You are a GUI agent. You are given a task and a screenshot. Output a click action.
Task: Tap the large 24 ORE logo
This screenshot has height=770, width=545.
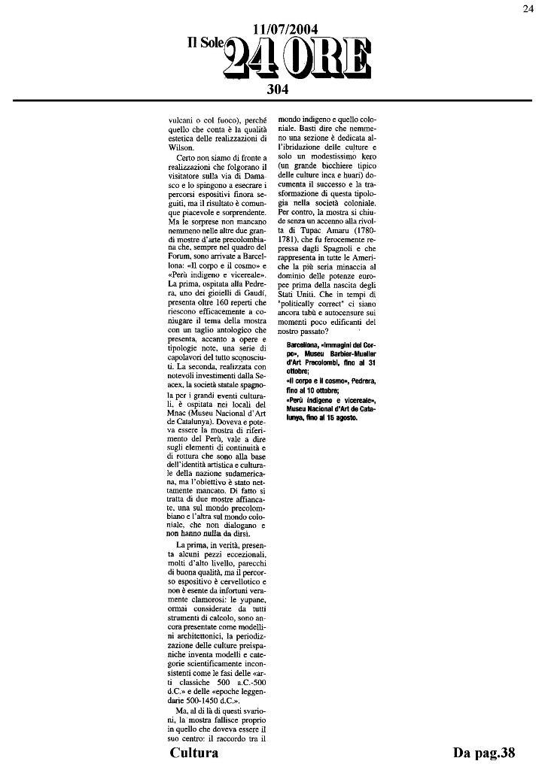(x=298, y=59)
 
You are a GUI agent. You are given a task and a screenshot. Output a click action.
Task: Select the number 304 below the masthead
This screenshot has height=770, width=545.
(x=279, y=89)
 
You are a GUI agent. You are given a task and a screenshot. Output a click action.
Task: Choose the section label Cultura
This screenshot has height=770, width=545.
(x=194, y=753)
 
